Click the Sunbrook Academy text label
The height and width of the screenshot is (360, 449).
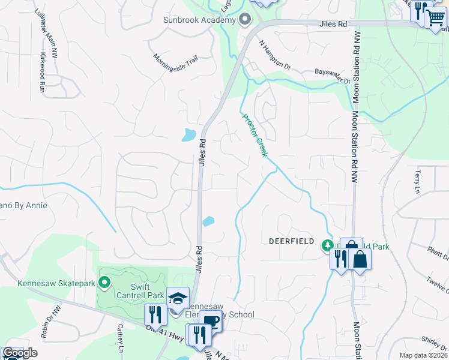pyautogui.click(x=199, y=20)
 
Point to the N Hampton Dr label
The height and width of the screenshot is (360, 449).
pyautogui.click(x=275, y=54)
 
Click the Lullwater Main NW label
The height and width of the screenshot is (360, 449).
pyautogui.click(x=45, y=23)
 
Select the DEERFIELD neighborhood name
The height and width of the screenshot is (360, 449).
pyautogui.click(x=291, y=241)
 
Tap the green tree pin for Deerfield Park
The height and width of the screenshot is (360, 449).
pyautogui.click(x=327, y=245)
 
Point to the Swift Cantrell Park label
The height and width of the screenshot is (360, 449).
pyautogui.click(x=140, y=291)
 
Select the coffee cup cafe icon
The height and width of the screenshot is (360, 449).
pyautogui.click(x=211, y=322)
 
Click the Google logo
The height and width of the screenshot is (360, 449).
pyautogui.click(x=20, y=353)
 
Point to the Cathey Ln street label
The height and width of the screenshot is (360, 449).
pyautogui.click(x=121, y=341)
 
